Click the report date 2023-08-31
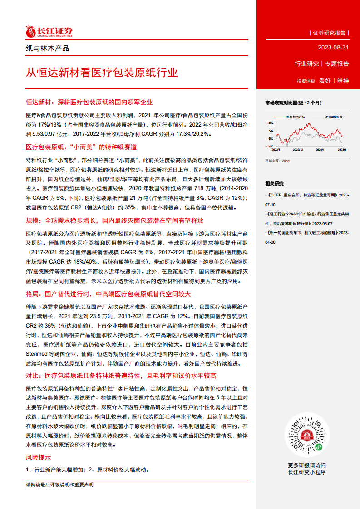click(x=334, y=48)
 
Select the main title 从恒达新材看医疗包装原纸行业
click(x=102, y=73)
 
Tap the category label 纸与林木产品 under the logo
click(x=48, y=49)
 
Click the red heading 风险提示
click(x=39, y=457)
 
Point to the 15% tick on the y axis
click(x=270, y=123)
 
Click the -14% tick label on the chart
click(x=270, y=147)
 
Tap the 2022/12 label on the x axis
click(x=298, y=149)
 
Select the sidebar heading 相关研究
click(x=275, y=184)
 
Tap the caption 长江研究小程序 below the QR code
click(x=306, y=472)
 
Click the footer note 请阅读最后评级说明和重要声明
click(x=60, y=485)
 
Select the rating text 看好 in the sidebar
click(x=325, y=81)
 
